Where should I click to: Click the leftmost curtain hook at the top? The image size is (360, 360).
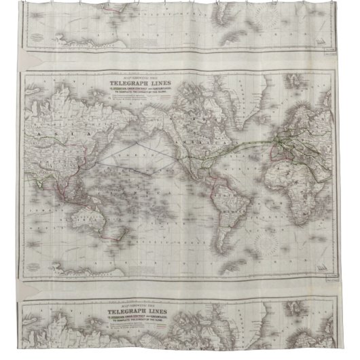[30, 3]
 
